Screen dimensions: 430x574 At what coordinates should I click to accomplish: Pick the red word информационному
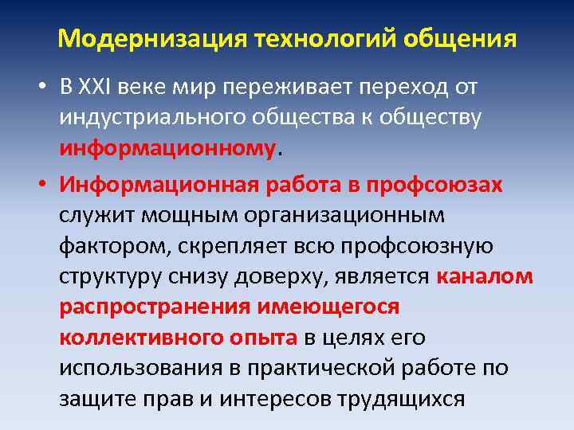click(x=167, y=148)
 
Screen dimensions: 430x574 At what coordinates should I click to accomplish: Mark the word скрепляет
click(x=238, y=247)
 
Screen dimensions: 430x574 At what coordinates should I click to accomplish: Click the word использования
click(x=140, y=369)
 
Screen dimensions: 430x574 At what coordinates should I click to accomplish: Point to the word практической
click(x=332, y=369)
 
